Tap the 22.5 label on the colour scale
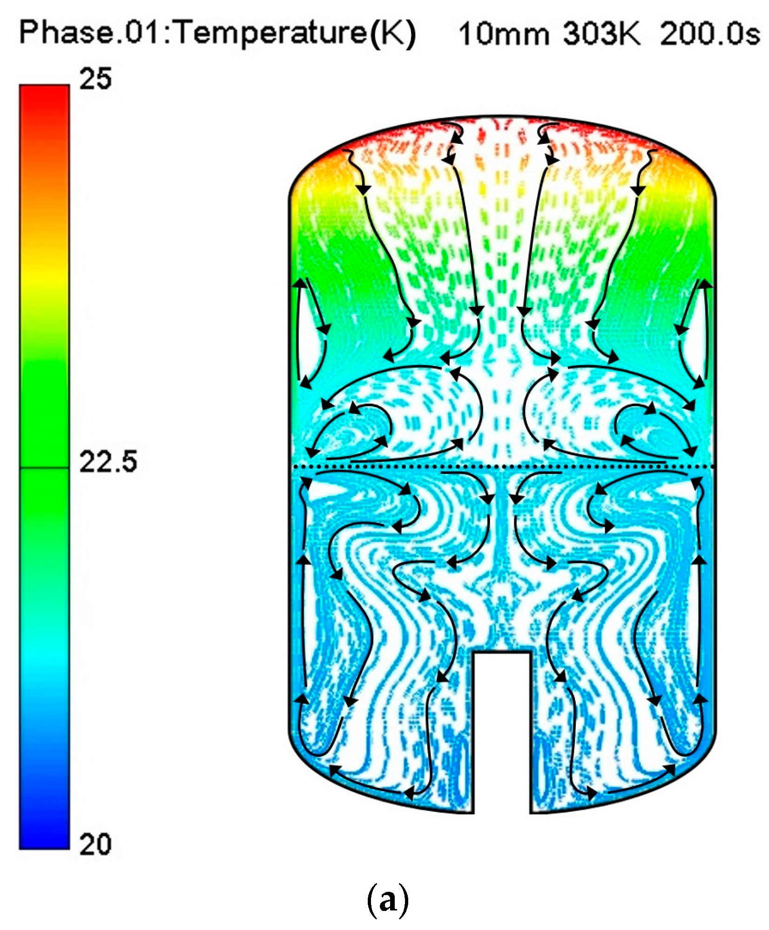108,462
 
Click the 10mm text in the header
504,34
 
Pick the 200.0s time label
709,34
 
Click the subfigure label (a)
388,901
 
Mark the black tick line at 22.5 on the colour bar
44,467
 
